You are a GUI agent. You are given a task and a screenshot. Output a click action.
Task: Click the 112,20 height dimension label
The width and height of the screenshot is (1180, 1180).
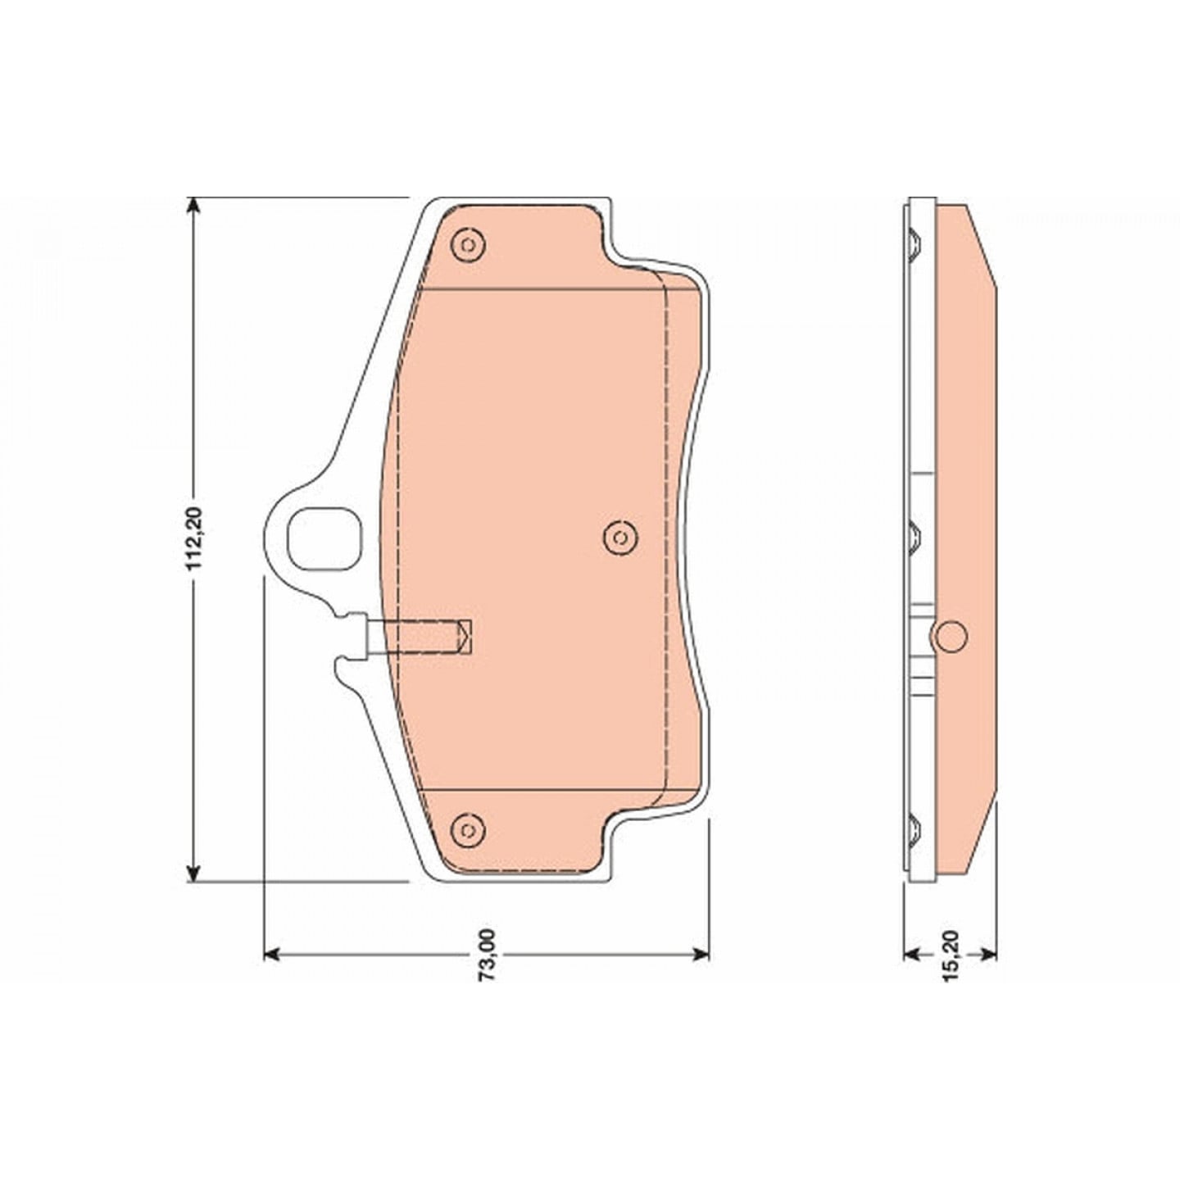tap(194, 539)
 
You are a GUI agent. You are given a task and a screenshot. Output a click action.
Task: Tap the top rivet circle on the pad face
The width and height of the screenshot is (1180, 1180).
tap(468, 245)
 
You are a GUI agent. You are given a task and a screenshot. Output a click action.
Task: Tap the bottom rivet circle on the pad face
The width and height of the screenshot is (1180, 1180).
tap(468, 831)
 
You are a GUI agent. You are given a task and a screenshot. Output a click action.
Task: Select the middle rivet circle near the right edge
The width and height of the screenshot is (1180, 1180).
tap(620, 538)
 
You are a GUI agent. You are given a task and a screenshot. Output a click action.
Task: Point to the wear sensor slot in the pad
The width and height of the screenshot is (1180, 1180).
tap(419, 638)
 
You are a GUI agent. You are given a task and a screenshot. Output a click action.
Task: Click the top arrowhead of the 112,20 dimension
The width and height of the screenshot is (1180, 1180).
tap(193, 205)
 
